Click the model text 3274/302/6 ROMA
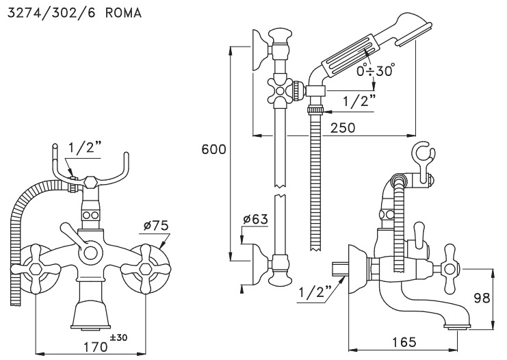tap(75, 13)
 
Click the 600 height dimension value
tap(213, 149)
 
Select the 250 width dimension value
tap(343, 128)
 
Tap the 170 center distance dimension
tap(96, 347)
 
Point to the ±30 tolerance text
tap(118, 337)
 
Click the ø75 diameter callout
tap(156, 225)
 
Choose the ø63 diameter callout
tap(255, 219)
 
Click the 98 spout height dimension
tap(482, 298)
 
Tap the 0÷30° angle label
tap(376, 70)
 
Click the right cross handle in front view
tap(146, 268)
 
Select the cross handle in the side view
tap(450, 268)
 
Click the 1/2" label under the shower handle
tap(359, 101)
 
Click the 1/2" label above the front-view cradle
tap(85, 148)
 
